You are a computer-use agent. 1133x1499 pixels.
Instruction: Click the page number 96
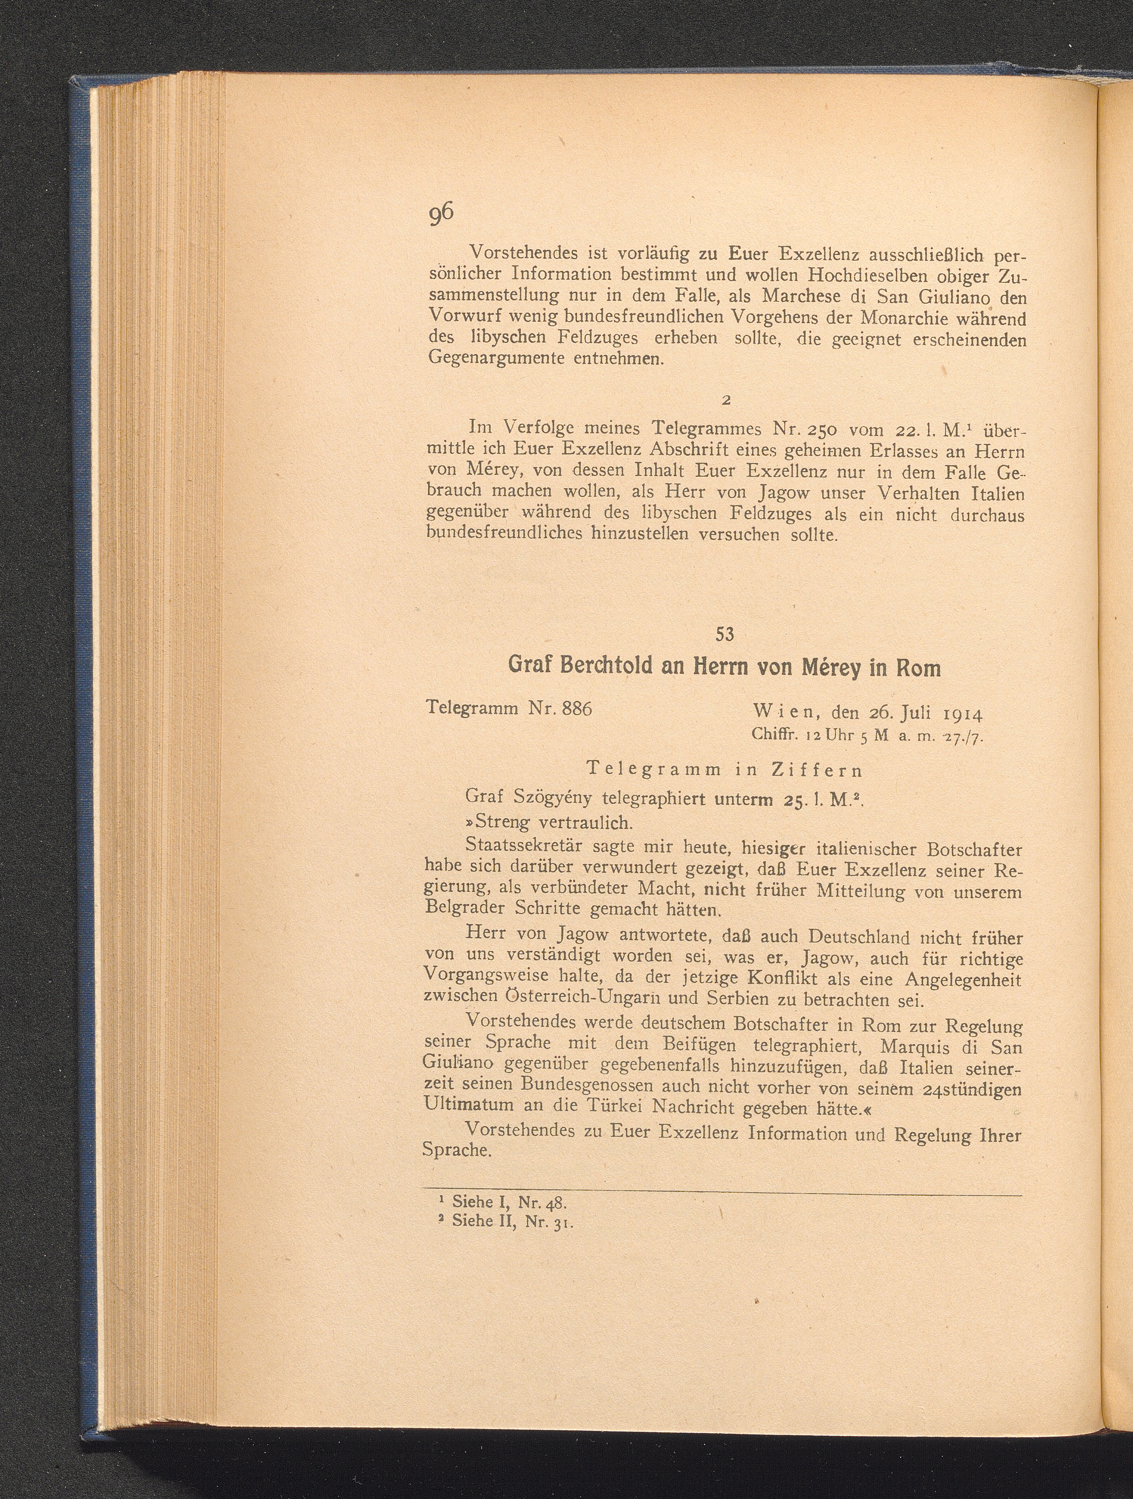pyautogui.click(x=441, y=212)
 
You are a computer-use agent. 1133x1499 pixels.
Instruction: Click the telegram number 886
pyautogui.click(x=577, y=709)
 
